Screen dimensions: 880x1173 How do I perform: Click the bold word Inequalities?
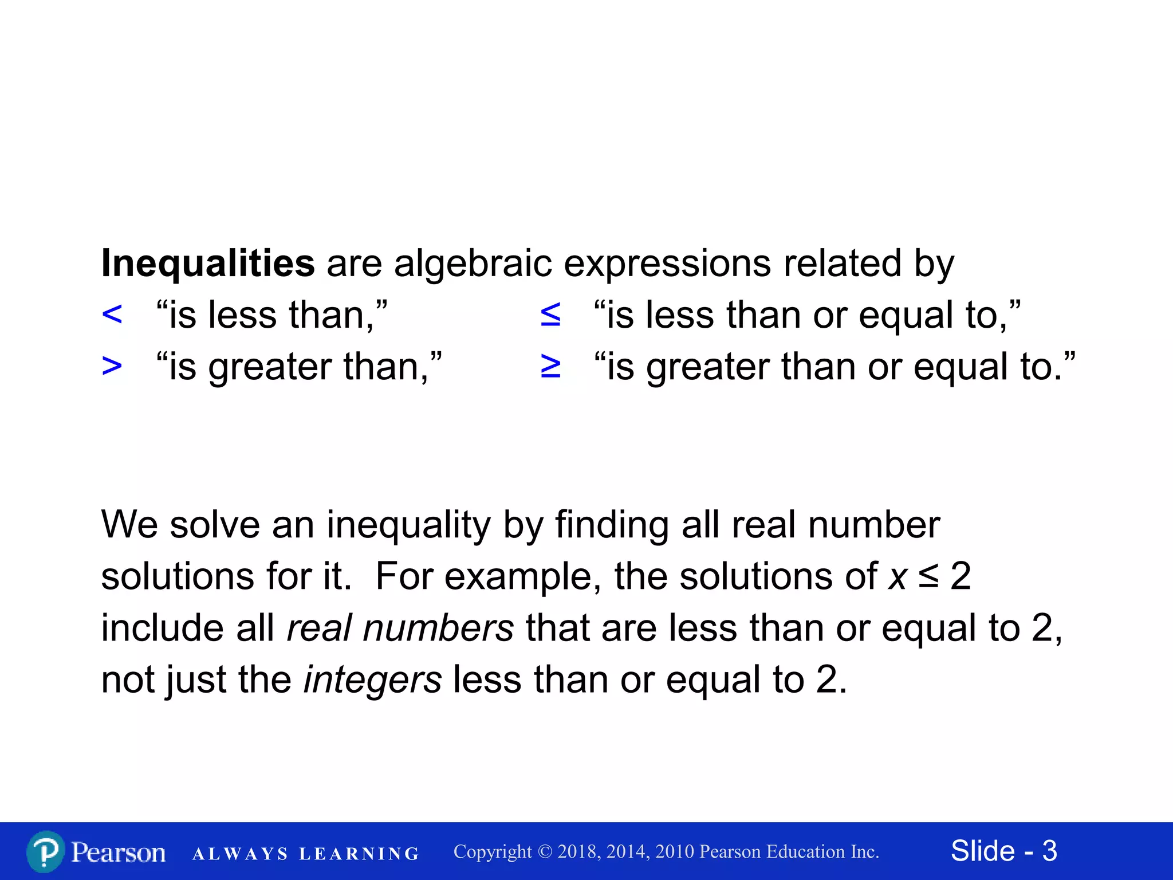[x=207, y=264]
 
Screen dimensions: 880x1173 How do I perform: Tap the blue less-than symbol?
[x=112, y=315]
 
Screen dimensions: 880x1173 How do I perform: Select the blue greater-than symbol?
[x=112, y=366]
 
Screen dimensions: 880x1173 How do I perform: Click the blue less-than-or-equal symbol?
[x=550, y=315]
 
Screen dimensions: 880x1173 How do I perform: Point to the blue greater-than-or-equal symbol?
[x=550, y=366]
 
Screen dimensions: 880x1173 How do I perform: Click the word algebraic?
[x=473, y=264]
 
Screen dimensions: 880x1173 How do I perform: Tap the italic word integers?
[x=372, y=680]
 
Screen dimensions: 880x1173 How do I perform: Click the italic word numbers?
[x=438, y=628]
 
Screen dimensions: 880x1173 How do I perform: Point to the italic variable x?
[x=898, y=577]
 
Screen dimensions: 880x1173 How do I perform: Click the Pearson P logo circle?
[x=45, y=852]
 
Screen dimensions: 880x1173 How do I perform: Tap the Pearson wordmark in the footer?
[x=119, y=852]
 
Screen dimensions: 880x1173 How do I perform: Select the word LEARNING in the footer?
[x=359, y=854]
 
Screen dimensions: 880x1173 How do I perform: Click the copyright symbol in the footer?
[x=545, y=852]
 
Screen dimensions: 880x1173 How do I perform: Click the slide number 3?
[x=1049, y=851]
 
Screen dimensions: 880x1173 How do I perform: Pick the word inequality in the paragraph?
[x=409, y=525]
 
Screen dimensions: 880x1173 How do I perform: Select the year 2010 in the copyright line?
[x=676, y=852]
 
